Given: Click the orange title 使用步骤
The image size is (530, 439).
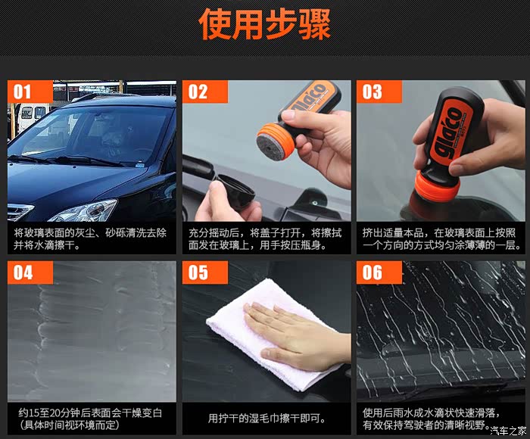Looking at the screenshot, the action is point(265,24).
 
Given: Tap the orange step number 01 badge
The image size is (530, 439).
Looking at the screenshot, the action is point(30,92).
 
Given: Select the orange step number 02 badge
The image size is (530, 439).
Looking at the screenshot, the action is point(205,92).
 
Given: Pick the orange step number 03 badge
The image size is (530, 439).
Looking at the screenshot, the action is point(379,92).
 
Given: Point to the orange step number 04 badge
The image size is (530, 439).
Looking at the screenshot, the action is point(30,272).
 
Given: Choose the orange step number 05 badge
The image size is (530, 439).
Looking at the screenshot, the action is point(205,272).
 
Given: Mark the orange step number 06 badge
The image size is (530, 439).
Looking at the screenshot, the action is point(379,272).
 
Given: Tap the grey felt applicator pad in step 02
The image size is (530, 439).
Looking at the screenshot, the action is point(271,145).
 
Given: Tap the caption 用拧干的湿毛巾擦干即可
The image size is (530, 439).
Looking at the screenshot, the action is point(267,419).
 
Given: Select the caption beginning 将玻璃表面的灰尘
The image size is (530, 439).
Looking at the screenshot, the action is point(90,238).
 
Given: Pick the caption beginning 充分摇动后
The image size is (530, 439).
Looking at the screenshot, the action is point(265,238).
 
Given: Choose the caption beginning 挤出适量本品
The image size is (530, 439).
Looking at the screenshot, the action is point(441,238).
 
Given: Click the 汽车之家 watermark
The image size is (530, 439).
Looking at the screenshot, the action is point(508,431).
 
